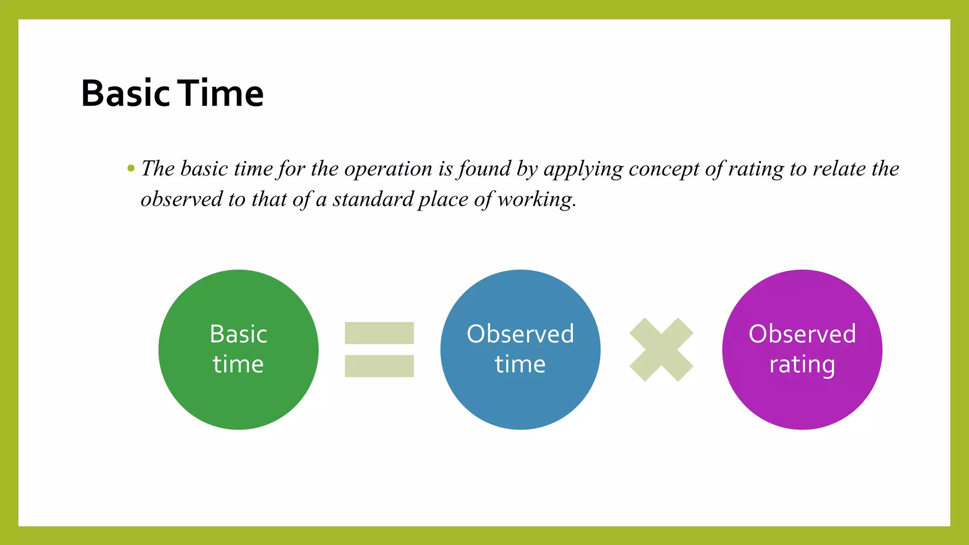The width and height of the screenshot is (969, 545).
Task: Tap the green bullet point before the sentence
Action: [131, 168]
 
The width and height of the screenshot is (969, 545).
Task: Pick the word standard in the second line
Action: [373, 199]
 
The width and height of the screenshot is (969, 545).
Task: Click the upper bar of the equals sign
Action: [379, 333]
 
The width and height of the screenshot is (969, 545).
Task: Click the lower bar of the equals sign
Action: [379, 366]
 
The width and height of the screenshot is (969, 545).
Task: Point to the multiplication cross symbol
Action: [661, 350]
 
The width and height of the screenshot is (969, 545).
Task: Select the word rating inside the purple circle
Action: [802, 365]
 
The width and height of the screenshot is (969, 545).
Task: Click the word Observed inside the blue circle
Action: [520, 334]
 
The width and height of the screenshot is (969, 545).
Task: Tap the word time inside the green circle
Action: [238, 364]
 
